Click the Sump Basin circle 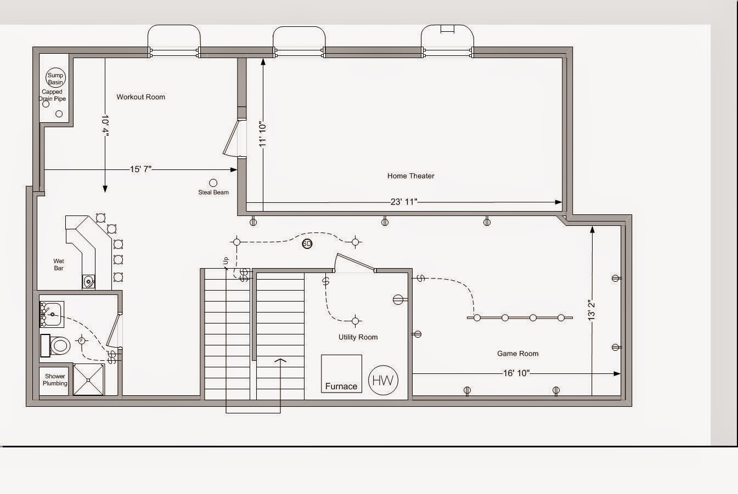coord(55,78)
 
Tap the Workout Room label coord(140,97)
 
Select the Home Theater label coord(410,176)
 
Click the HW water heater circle coord(383,380)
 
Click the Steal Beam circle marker coord(213,183)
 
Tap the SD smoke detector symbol coord(307,244)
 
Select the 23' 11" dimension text coord(404,202)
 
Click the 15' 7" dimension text coord(140,169)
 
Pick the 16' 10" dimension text coord(516,373)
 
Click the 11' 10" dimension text coord(263,134)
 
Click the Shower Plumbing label coord(55,380)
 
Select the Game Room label coord(517,354)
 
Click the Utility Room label coord(358,337)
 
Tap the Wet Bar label coord(59,265)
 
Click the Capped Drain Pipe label coord(52,95)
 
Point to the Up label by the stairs coord(226,262)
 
